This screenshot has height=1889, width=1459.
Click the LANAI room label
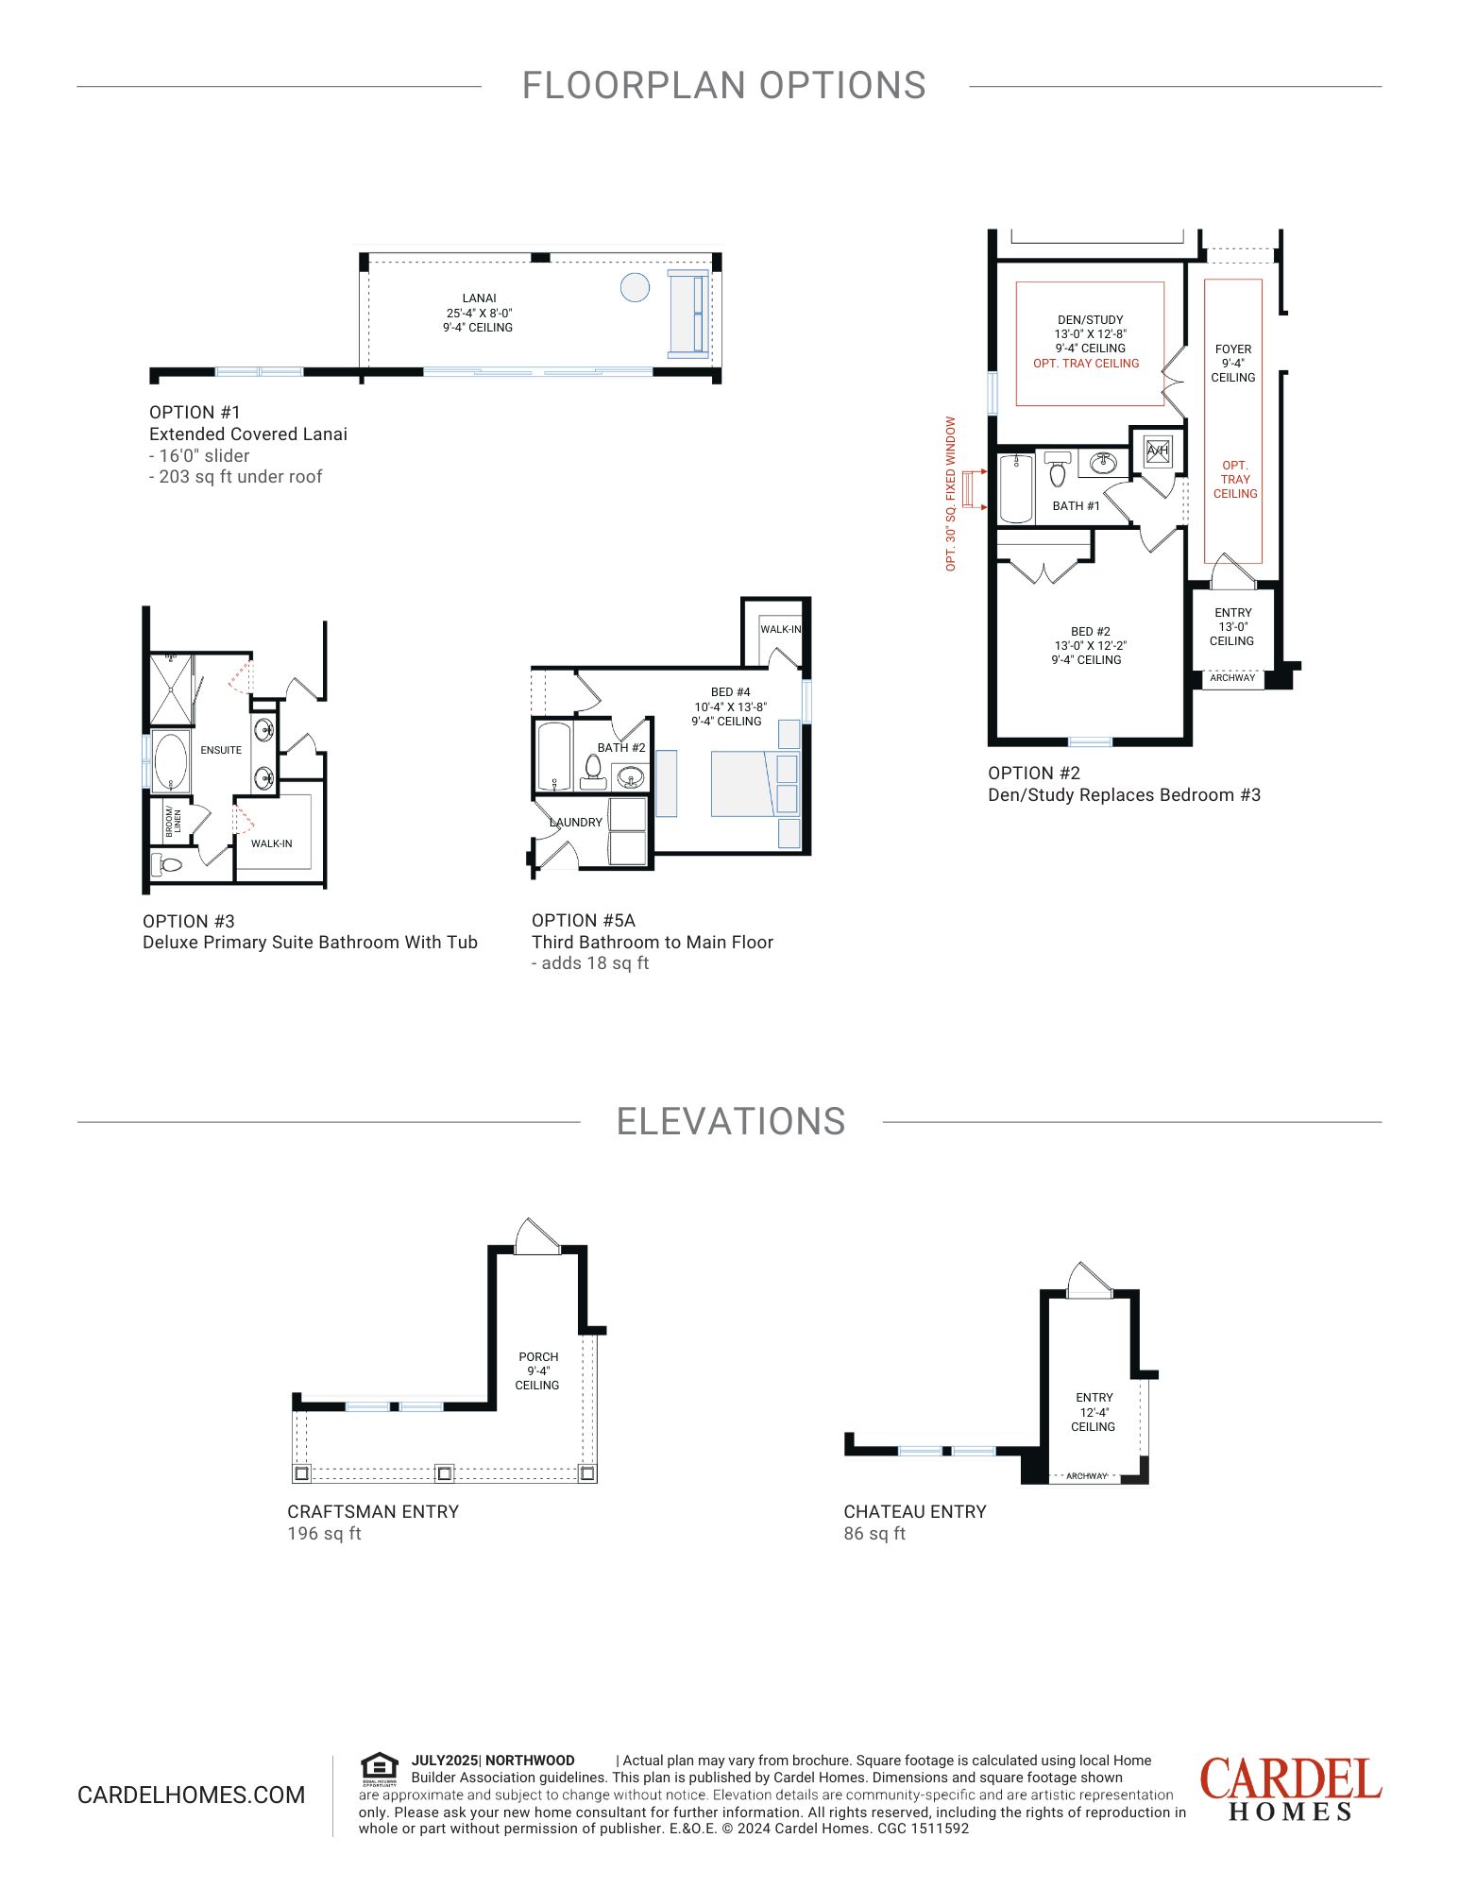[480, 298]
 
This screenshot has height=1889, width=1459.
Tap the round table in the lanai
[636, 287]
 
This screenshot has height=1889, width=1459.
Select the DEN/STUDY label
[1091, 320]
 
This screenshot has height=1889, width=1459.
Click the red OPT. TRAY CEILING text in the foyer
[1235, 480]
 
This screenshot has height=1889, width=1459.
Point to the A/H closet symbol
[1158, 451]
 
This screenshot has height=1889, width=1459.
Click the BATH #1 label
[1077, 506]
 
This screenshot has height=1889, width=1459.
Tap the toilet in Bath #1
[1058, 468]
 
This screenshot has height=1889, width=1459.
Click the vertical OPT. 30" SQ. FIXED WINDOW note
[951, 494]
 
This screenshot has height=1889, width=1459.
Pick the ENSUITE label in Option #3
[221, 750]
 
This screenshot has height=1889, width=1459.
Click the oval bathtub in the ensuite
[171, 761]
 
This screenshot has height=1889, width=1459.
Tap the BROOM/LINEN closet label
[173, 820]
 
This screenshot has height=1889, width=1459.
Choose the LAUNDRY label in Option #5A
[576, 823]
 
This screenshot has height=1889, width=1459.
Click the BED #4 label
[731, 692]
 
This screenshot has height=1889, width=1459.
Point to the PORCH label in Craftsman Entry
[538, 1357]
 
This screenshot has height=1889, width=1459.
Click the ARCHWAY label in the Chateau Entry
[1086, 1476]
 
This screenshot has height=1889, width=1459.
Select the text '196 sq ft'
[324, 1534]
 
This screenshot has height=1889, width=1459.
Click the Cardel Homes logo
[1291, 1789]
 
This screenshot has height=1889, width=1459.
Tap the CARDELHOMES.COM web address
[192, 1795]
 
